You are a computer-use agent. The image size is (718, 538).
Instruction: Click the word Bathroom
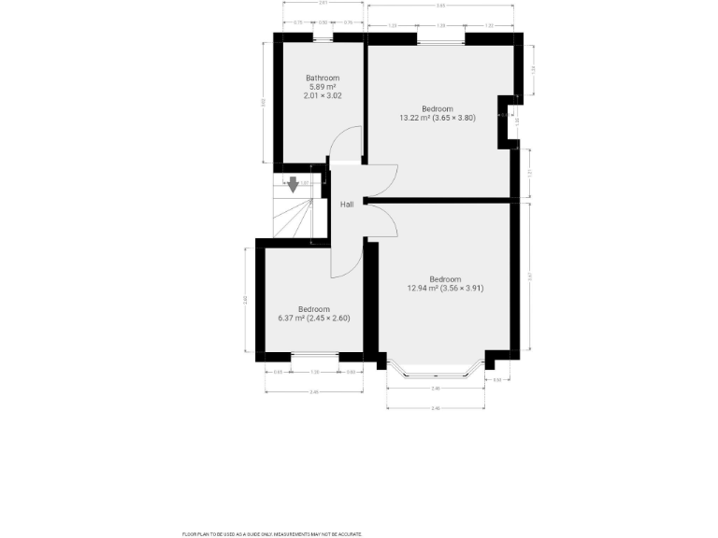tap(323, 78)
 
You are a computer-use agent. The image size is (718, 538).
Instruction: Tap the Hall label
tap(347, 204)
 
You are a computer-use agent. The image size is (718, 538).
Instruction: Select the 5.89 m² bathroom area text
tap(323, 87)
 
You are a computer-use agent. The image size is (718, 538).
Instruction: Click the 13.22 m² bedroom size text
tap(438, 118)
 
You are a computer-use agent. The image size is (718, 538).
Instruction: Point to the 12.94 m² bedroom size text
tap(445, 289)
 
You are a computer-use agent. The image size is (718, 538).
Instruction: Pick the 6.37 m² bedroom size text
tap(314, 319)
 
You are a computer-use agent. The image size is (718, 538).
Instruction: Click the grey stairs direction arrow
tap(294, 184)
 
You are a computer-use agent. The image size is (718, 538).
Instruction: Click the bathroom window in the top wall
tap(323, 38)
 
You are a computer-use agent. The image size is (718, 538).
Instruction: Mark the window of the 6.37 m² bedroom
tap(314, 356)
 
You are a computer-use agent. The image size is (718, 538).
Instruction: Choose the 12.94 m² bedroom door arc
tap(381, 222)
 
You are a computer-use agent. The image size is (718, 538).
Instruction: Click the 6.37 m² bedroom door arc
tap(346, 262)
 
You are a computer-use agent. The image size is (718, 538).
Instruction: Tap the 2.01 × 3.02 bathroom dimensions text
tap(323, 96)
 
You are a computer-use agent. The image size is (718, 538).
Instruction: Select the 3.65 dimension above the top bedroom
tap(440, 7)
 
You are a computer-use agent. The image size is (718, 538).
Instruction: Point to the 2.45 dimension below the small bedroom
tap(314, 391)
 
